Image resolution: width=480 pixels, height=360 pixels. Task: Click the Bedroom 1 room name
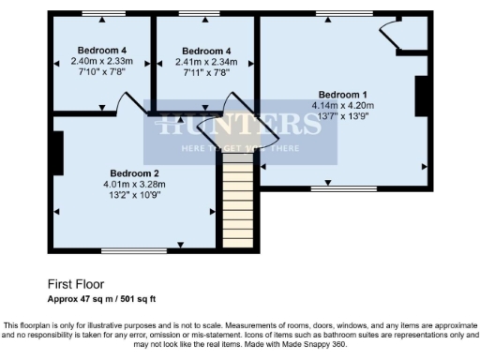click(x=342, y=95)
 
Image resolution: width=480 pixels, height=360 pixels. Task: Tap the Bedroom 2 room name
click(x=134, y=173)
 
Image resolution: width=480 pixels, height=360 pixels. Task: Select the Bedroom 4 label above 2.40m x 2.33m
click(x=102, y=51)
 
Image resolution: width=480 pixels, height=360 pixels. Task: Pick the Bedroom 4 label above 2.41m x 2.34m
click(x=206, y=51)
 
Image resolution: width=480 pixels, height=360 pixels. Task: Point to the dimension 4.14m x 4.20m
click(x=343, y=106)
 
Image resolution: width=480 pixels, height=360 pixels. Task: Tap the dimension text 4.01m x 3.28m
click(x=134, y=185)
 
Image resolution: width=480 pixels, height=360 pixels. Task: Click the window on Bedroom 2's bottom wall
click(x=127, y=249)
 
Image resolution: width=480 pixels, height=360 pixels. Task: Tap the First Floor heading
click(x=76, y=282)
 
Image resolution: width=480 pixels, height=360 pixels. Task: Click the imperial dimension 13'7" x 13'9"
click(x=343, y=117)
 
